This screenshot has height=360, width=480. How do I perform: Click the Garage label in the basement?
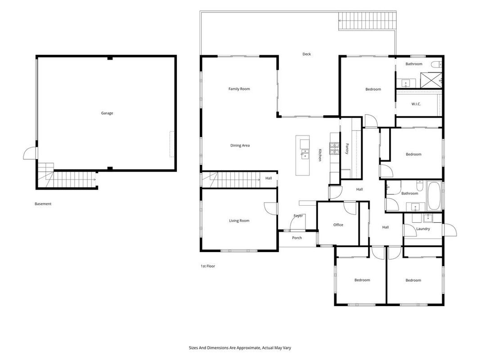pos(107,113)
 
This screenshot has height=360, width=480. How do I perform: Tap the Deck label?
pos(306,54)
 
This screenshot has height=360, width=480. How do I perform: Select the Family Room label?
pos(239,89)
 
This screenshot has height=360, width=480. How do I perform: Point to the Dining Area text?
pos(240,145)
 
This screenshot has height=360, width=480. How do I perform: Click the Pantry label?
pos(347,149)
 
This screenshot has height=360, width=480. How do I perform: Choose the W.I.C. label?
pos(416,104)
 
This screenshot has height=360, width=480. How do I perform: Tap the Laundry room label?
pos(423,229)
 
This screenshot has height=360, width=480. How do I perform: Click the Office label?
pos(338,225)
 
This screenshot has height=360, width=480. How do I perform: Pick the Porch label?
pos(296,238)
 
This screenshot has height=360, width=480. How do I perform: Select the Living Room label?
pos(239,220)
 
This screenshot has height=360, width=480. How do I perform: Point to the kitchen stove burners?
pos(334,148)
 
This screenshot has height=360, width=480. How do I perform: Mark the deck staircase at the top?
pos(368,21)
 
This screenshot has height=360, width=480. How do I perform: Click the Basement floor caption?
pos(43,203)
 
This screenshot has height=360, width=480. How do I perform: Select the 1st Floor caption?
pos(207,266)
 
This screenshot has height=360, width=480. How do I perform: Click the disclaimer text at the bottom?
pos(240,348)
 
